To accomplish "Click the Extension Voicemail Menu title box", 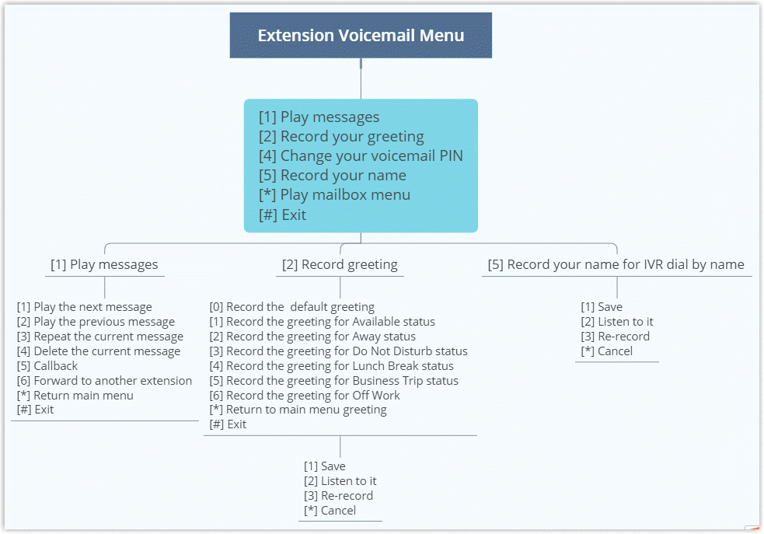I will coord(361,35).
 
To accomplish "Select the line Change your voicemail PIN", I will coord(361,156).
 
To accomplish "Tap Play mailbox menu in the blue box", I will coord(334,195).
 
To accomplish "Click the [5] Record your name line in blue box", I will coord(332,176).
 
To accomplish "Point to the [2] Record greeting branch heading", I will coord(340,264).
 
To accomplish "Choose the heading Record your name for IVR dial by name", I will coord(616,264).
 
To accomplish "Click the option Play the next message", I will coord(84,307).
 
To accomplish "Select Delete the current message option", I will coord(98,351).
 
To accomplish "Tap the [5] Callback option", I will coord(47,366).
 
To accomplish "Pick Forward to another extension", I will coord(104,381).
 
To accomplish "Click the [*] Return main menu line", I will coord(75,396).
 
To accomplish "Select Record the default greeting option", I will coord(291,307).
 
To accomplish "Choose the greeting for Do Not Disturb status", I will coord(339,351).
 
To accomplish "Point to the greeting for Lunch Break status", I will coord(332,366).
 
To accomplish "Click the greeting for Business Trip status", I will coord(334,381).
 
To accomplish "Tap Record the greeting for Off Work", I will coord(305,396).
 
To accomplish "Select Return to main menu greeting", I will coord(298,410).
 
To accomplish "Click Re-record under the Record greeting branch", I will coord(338,496).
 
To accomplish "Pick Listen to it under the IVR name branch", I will coord(617,322).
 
